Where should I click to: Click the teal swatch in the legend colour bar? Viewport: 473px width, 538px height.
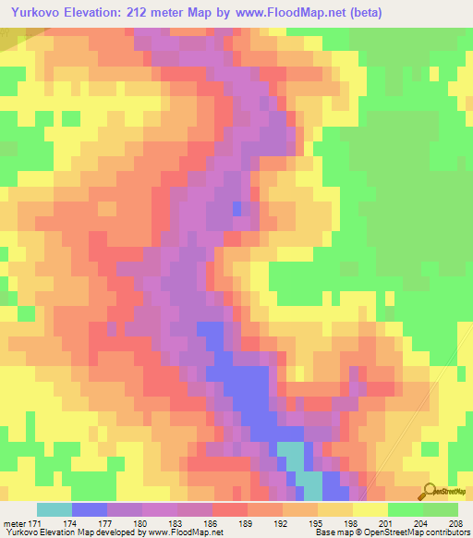pos(54,509)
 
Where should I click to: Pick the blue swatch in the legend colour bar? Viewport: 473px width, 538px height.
pos(90,509)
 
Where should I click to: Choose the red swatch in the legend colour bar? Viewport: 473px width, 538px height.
pos(230,509)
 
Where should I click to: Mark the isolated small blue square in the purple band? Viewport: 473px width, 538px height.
pos(238,209)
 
